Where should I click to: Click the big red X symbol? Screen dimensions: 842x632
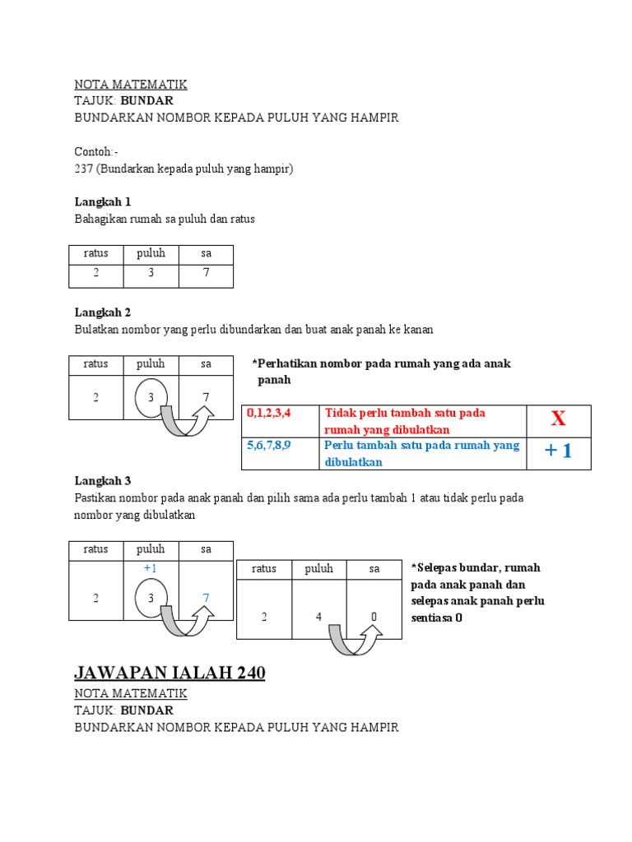(558, 419)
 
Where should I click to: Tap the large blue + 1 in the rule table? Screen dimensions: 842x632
(558, 453)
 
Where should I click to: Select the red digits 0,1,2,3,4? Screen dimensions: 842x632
(269, 412)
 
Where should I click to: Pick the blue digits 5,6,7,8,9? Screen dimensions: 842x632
(269, 445)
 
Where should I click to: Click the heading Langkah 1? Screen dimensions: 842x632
(103, 201)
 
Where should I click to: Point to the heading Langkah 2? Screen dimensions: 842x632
(103, 312)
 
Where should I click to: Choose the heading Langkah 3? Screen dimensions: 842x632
(103, 481)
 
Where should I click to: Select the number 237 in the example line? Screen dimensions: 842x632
(84, 169)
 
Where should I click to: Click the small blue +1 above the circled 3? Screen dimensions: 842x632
(151, 568)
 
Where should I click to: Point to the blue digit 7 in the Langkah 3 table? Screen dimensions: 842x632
(206, 599)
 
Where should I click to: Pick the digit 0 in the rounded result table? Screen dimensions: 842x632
(374, 617)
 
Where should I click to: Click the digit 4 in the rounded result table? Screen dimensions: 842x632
(318, 617)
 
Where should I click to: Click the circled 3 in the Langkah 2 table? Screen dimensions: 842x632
(151, 397)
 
